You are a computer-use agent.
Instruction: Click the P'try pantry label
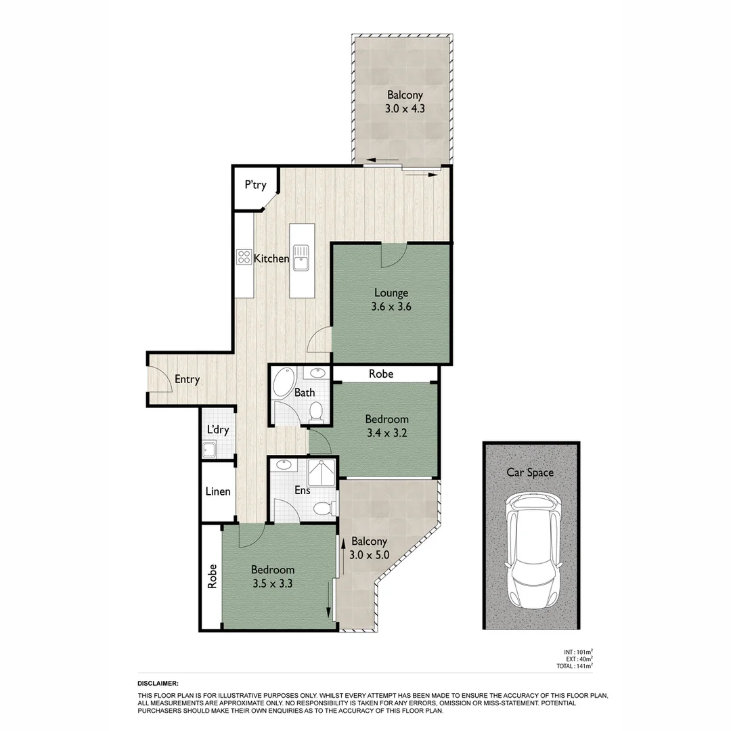[x=255, y=185]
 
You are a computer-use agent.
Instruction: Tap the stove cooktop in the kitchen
[x=244, y=257]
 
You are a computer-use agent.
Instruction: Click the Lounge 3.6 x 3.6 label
[x=391, y=299]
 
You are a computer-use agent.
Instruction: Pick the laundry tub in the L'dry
[x=209, y=449]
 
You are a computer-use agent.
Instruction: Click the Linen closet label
[x=218, y=491]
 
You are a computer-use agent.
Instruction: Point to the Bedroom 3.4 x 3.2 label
[x=386, y=426]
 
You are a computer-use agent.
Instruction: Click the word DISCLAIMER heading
[x=158, y=684]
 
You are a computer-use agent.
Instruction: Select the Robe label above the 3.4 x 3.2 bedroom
[x=380, y=374]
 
